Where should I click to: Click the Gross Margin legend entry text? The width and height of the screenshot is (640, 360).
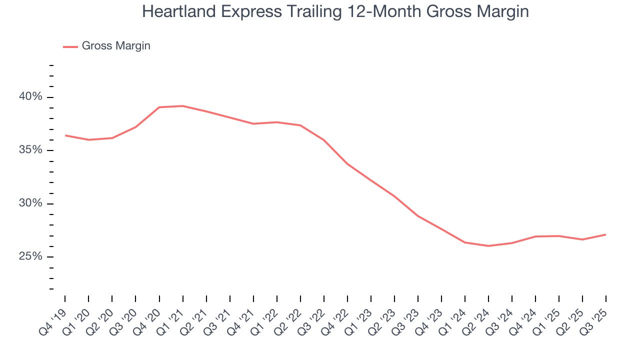[116, 46]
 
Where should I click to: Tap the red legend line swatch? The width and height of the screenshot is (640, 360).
[70, 46]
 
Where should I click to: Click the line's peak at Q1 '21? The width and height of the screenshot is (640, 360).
[182, 106]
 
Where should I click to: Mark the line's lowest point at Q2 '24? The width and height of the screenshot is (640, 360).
[488, 246]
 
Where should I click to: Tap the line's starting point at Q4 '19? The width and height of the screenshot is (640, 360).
[65, 135]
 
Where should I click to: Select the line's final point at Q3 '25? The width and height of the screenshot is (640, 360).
[606, 234]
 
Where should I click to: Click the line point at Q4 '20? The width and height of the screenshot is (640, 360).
[159, 107]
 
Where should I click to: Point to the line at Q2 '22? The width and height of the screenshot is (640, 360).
[300, 125]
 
